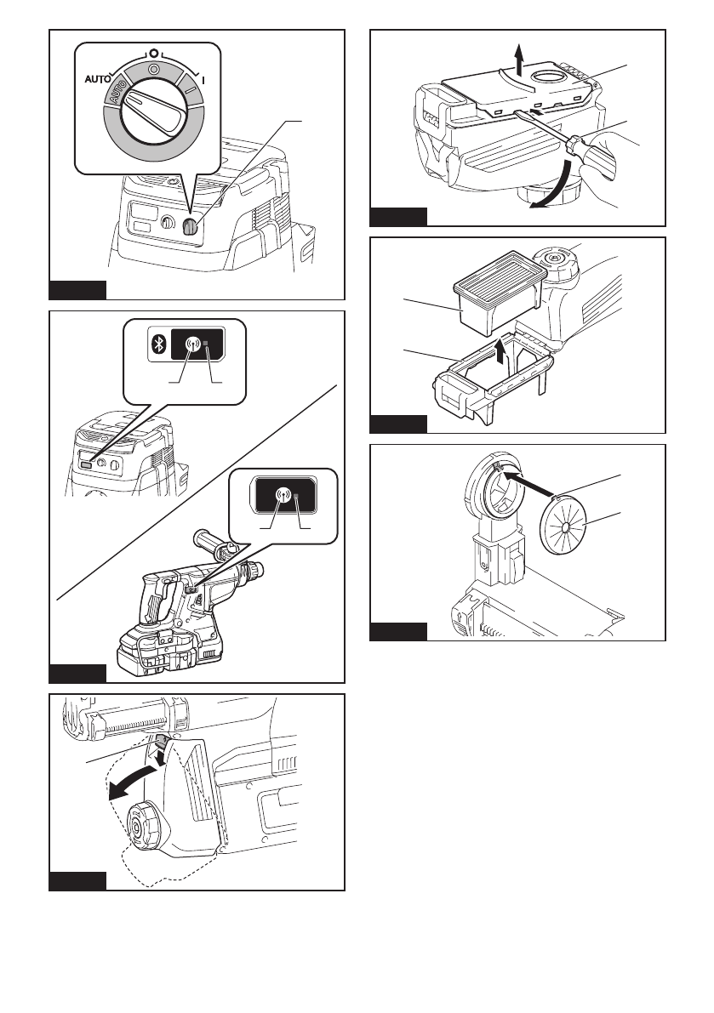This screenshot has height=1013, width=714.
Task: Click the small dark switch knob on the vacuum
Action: [x=191, y=227]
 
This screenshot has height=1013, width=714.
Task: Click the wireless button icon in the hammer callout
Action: [x=283, y=494]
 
